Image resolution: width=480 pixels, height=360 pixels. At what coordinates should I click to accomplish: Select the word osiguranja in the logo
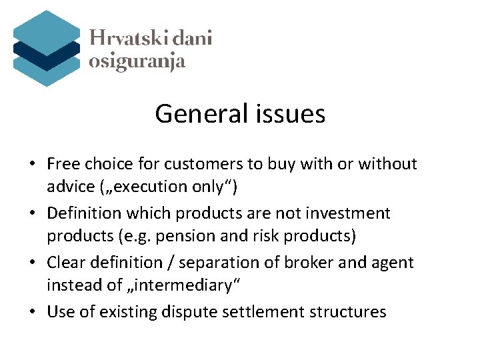click(x=137, y=61)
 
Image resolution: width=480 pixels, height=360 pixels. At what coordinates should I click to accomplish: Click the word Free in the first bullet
click(x=63, y=164)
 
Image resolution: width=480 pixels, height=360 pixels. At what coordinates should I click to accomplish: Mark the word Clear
click(x=67, y=263)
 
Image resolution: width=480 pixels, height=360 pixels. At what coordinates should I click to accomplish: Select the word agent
click(x=393, y=263)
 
